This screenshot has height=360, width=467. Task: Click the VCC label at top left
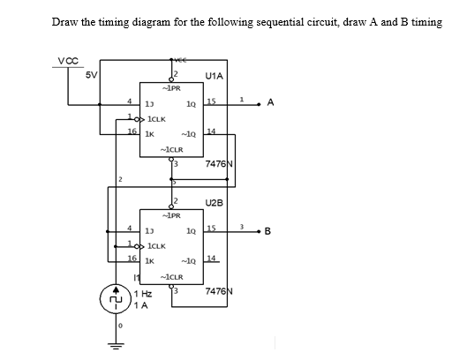tap(67, 61)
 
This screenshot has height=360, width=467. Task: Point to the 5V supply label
tap(91, 74)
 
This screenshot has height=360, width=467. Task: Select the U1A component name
tap(215, 78)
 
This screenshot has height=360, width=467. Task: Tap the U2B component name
tap(215, 202)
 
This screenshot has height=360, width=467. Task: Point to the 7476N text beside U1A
tap(218, 164)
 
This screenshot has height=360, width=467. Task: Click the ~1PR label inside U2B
tap(172, 214)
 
